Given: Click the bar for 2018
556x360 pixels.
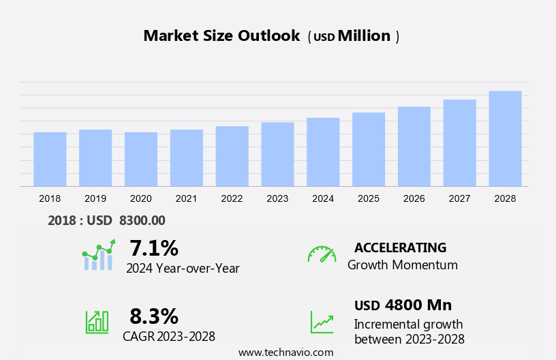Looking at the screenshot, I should click(50, 159).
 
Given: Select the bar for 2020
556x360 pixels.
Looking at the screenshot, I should click(141, 159).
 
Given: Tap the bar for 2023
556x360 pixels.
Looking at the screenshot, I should click(277, 154).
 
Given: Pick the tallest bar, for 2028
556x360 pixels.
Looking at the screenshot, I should click(505, 138).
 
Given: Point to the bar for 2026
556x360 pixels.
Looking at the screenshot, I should click(414, 146).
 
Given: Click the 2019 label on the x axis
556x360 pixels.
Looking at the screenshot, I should click(95, 198).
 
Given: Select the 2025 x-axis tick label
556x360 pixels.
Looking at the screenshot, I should click(369, 198).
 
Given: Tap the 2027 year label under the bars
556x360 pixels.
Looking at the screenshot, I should click(460, 198).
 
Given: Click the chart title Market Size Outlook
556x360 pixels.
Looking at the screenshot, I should click(221, 36).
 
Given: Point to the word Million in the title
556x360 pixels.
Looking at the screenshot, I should click(364, 36).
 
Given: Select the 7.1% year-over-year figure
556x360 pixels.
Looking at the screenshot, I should click(154, 247).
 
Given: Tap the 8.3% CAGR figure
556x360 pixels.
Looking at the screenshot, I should click(154, 316).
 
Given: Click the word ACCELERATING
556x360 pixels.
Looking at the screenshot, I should click(401, 247).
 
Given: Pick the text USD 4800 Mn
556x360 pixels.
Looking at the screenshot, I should click(403, 305).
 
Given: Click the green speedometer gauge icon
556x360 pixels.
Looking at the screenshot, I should click(322, 254).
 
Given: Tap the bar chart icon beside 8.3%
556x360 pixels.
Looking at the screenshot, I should click(97, 322).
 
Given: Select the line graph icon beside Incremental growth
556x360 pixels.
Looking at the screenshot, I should click(322, 322).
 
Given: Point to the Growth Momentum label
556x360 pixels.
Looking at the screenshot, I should click(403, 265).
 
